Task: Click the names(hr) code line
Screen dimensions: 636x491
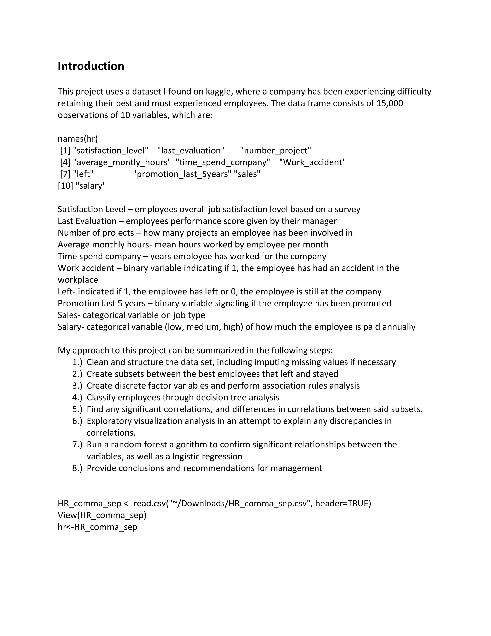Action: click(x=78, y=139)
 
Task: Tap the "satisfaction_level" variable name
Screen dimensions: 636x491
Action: click(x=111, y=150)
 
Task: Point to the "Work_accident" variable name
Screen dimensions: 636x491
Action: click(x=312, y=162)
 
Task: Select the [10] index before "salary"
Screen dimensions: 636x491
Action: click(x=65, y=186)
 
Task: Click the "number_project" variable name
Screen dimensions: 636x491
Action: click(x=275, y=150)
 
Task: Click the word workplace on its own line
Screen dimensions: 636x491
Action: click(x=78, y=280)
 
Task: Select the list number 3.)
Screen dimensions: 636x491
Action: click(x=77, y=386)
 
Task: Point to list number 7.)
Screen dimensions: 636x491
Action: click(x=77, y=444)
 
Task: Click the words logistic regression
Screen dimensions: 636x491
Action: click(x=207, y=456)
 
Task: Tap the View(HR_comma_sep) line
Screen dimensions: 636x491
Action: click(x=102, y=515)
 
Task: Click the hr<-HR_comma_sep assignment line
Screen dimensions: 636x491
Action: click(x=97, y=527)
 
